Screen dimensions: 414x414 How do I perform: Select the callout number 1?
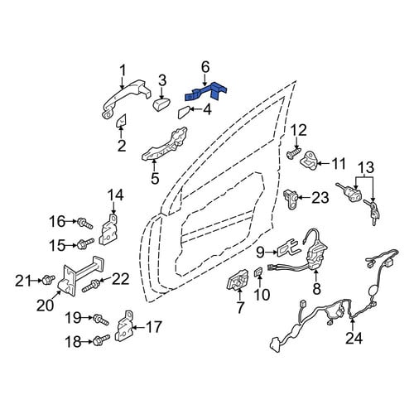point(123,70)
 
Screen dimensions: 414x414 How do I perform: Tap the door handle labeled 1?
point(126,100)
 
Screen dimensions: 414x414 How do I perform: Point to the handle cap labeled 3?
point(161,103)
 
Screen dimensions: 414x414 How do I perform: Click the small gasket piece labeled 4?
point(185,113)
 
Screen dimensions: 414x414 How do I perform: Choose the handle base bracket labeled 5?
point(165,144)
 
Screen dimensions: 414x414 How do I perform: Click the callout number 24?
point(354,338)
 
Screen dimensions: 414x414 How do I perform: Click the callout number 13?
point(367,167)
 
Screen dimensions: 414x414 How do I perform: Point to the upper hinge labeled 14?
point(109,229)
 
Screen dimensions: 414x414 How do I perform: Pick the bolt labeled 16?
point(85,223)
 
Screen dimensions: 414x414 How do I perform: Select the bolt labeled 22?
point(92,286)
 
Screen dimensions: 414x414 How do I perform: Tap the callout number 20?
point(46,305)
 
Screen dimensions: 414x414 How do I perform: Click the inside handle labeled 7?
point(238,280)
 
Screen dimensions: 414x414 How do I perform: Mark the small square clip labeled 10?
point(258,272)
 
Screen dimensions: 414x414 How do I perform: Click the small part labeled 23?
point(291,199)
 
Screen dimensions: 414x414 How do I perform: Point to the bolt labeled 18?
point(102,339)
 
